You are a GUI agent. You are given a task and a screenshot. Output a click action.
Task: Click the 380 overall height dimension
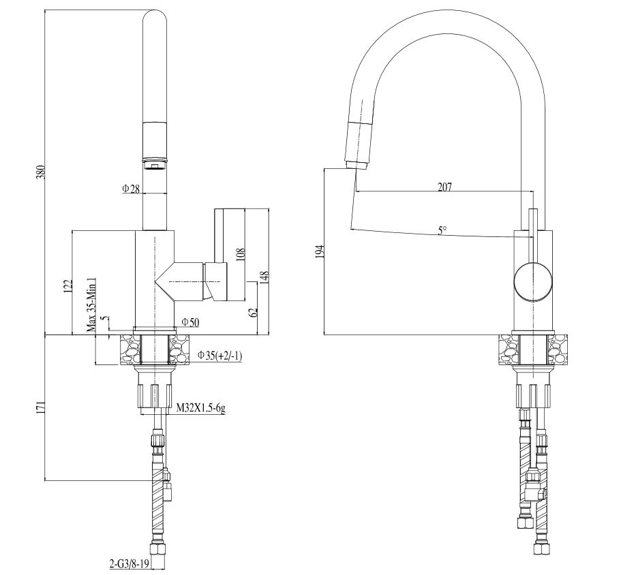42,172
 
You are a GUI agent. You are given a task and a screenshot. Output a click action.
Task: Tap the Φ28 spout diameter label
131,189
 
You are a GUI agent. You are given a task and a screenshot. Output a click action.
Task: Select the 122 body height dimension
68,285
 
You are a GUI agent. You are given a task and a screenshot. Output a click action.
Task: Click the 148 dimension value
264,277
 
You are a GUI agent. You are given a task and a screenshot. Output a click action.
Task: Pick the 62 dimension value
254,312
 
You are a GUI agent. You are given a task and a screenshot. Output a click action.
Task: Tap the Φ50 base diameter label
190,322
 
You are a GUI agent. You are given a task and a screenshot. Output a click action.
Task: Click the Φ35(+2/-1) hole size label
219,356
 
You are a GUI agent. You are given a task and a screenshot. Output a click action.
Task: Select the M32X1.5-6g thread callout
201,407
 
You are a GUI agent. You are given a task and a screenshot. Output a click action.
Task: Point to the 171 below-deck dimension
42,407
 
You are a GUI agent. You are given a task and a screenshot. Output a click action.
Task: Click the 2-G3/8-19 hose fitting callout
129,563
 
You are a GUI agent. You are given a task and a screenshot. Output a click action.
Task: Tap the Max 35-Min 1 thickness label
91,305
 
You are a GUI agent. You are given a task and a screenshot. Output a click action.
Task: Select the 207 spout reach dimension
444,187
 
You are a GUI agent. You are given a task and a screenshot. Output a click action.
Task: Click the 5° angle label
442,230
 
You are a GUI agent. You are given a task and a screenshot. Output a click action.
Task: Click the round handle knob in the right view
532,282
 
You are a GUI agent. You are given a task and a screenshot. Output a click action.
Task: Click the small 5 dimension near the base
104,319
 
